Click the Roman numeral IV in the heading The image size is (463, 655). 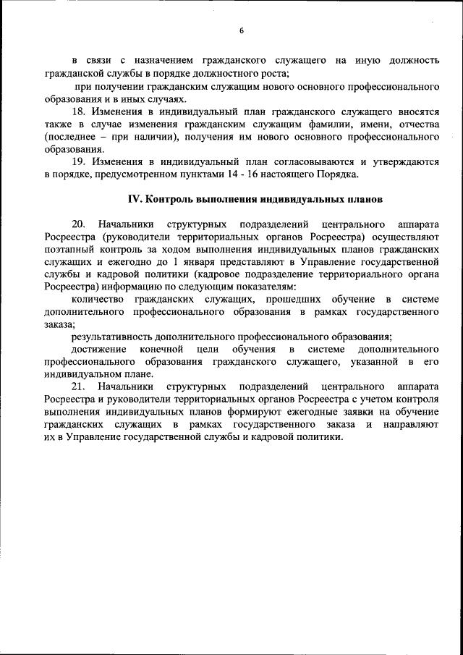pyautogui.click(x=133, y=198)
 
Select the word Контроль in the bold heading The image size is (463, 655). pyautogui.click(x=169, y=198)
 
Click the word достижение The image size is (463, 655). pyautogui.click(x=99, y=349)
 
